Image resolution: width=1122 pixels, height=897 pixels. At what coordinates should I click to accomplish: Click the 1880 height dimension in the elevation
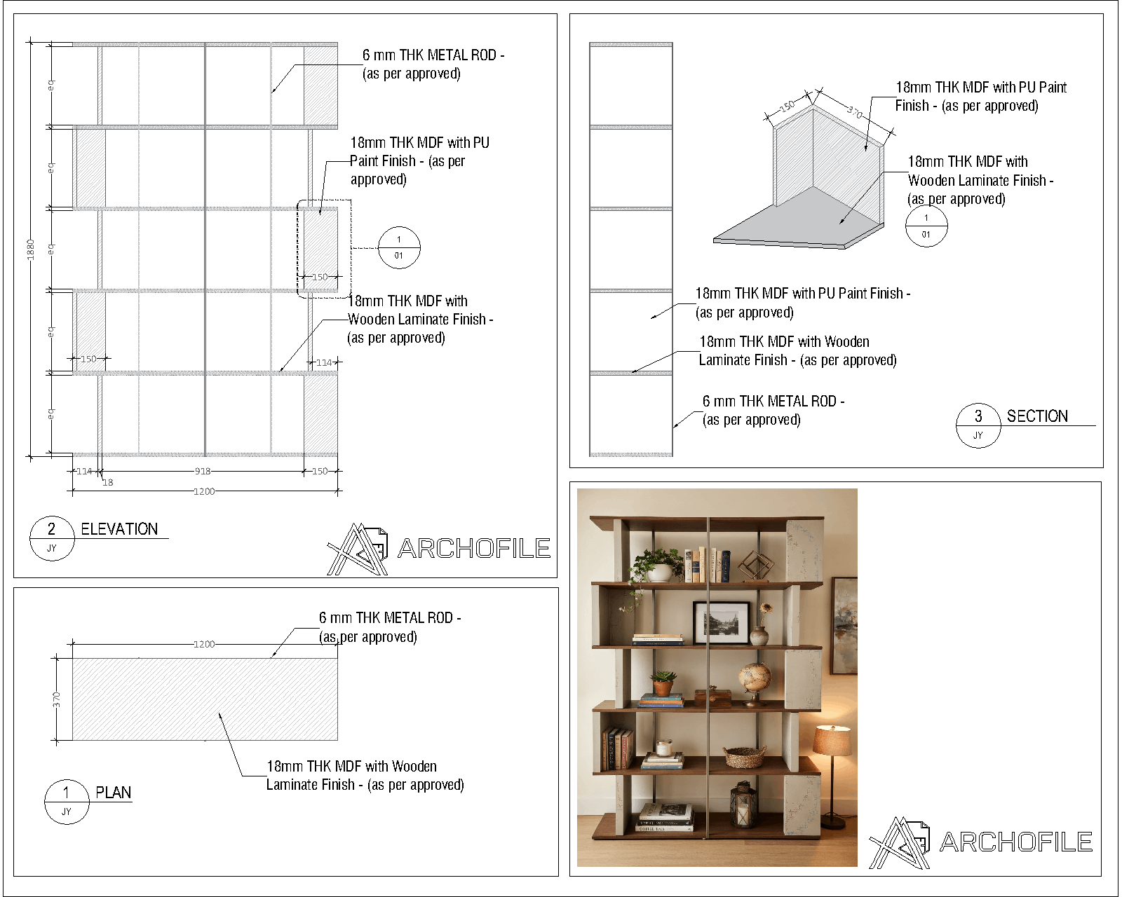(x=30, y=249)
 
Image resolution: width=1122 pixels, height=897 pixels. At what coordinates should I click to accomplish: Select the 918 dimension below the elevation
(x=203, y=471)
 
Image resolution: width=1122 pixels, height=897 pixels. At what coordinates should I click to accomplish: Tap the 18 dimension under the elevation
(x=107, y=483)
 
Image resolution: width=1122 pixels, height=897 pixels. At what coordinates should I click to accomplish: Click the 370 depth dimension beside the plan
(x=56, y=699)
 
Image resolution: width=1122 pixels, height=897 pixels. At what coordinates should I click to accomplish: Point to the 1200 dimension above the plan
(x=204, y=644)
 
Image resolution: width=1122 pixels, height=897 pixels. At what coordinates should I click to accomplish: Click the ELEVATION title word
(x=119, y=529)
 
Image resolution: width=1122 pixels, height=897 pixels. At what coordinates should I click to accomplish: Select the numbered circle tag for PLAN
(x=67, y=802)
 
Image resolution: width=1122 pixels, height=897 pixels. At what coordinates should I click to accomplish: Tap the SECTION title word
(x=1037, y=416)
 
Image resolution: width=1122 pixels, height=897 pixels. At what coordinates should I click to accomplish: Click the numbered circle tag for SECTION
(x=978, y=425)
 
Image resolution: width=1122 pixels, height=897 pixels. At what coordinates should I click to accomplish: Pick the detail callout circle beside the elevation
(x=399, y=247)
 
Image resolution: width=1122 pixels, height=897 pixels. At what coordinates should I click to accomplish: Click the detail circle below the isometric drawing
(x=926, y=226)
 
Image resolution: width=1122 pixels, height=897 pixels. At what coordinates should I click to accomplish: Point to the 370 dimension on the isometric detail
(x=855, y=111)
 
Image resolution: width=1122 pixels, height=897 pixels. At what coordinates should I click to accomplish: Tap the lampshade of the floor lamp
(x=832, y=739)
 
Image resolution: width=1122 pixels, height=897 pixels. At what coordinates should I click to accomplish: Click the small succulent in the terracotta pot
(x=663, y=683)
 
